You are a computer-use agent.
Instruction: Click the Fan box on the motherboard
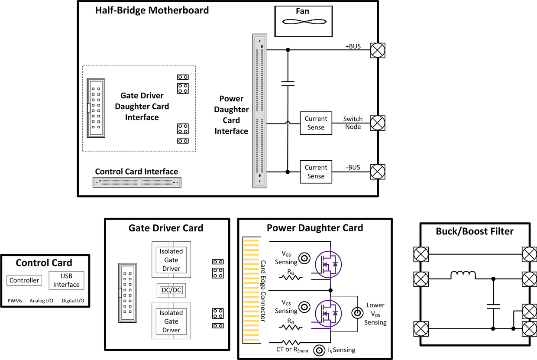(303, 21)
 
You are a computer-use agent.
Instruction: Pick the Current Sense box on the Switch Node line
(316, 123)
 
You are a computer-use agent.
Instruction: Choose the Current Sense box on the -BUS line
(316, 172)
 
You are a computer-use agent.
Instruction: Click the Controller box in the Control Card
(25, 280)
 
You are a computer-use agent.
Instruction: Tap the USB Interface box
(66, 280)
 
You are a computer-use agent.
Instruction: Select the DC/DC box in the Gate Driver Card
(171, 290)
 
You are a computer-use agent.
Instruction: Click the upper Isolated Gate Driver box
(171, 259)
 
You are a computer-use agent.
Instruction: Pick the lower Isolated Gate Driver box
(171, 321)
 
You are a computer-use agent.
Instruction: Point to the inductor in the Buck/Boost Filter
(463, 275)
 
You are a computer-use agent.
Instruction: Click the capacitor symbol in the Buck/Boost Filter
(493, 306)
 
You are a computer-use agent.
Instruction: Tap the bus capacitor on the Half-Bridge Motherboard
(288, 83)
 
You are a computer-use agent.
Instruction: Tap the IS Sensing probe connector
(320, 350)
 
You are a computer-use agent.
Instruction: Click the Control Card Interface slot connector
(137, 182)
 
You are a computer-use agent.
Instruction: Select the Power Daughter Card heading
(315, 228)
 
